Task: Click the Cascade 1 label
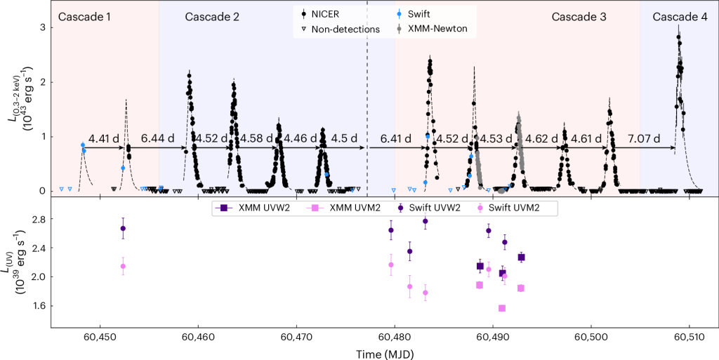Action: coord(84,16)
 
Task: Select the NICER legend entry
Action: coord(330,13)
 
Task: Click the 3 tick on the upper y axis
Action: coord(42,27)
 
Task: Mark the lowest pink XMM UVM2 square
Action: coord(502,308)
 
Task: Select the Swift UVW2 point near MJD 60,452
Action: coord(123,228)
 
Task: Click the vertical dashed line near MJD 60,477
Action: coord(367,105)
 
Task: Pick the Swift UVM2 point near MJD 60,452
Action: coord(123,266)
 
